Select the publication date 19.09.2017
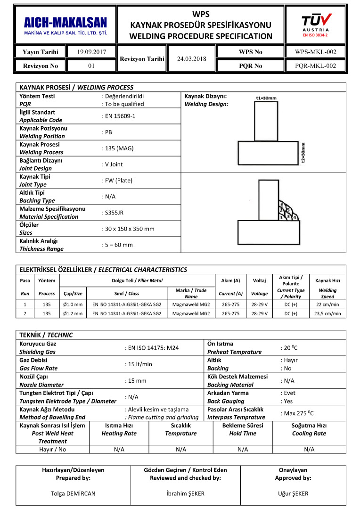coord(91,52)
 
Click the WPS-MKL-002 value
coord(315,52)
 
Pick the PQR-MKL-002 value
coord(315,66)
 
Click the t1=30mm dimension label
coord(266,98)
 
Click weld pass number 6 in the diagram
coord(282,205)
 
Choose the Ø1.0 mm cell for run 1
coord(73,304)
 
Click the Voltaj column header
coord(259,280)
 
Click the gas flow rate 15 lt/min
coord(139,364)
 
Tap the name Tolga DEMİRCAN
coord(73,493)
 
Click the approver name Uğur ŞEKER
coord(293,493)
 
